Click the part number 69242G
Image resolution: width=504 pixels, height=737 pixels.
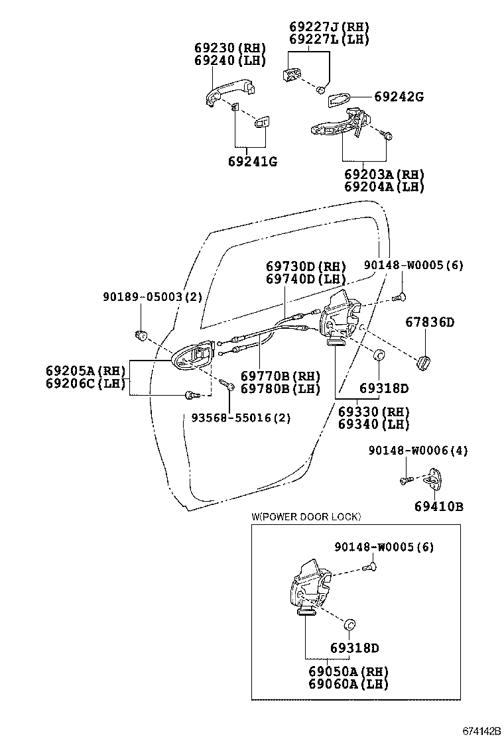[x=399, y=97]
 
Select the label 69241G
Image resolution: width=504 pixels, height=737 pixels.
[x=253, y=162]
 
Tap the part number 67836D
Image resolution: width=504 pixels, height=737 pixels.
[x=430, y=322]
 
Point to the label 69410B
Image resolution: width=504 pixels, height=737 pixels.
[x=438, y=506]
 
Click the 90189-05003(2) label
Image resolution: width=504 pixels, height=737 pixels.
[x=153, y=296]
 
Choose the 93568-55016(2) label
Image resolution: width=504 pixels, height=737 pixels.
[x=241, y=418]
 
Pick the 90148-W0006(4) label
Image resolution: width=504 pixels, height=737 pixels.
[x=418, y=451]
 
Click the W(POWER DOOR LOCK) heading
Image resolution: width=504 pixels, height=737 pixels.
[x=306, y=517]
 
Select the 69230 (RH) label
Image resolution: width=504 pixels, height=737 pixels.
[x=230, y=48]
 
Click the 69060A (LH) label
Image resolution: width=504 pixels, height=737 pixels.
[x=348, y=684]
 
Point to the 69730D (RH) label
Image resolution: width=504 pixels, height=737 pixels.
[x=306, y=266]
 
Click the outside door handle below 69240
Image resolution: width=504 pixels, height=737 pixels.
[x=230, y=91]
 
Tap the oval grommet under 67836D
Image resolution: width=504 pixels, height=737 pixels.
[x=424, y=363]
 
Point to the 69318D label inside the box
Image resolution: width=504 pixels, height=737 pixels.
[x=355, y=648]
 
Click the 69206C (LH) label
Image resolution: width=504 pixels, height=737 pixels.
[x=86, y=384]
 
